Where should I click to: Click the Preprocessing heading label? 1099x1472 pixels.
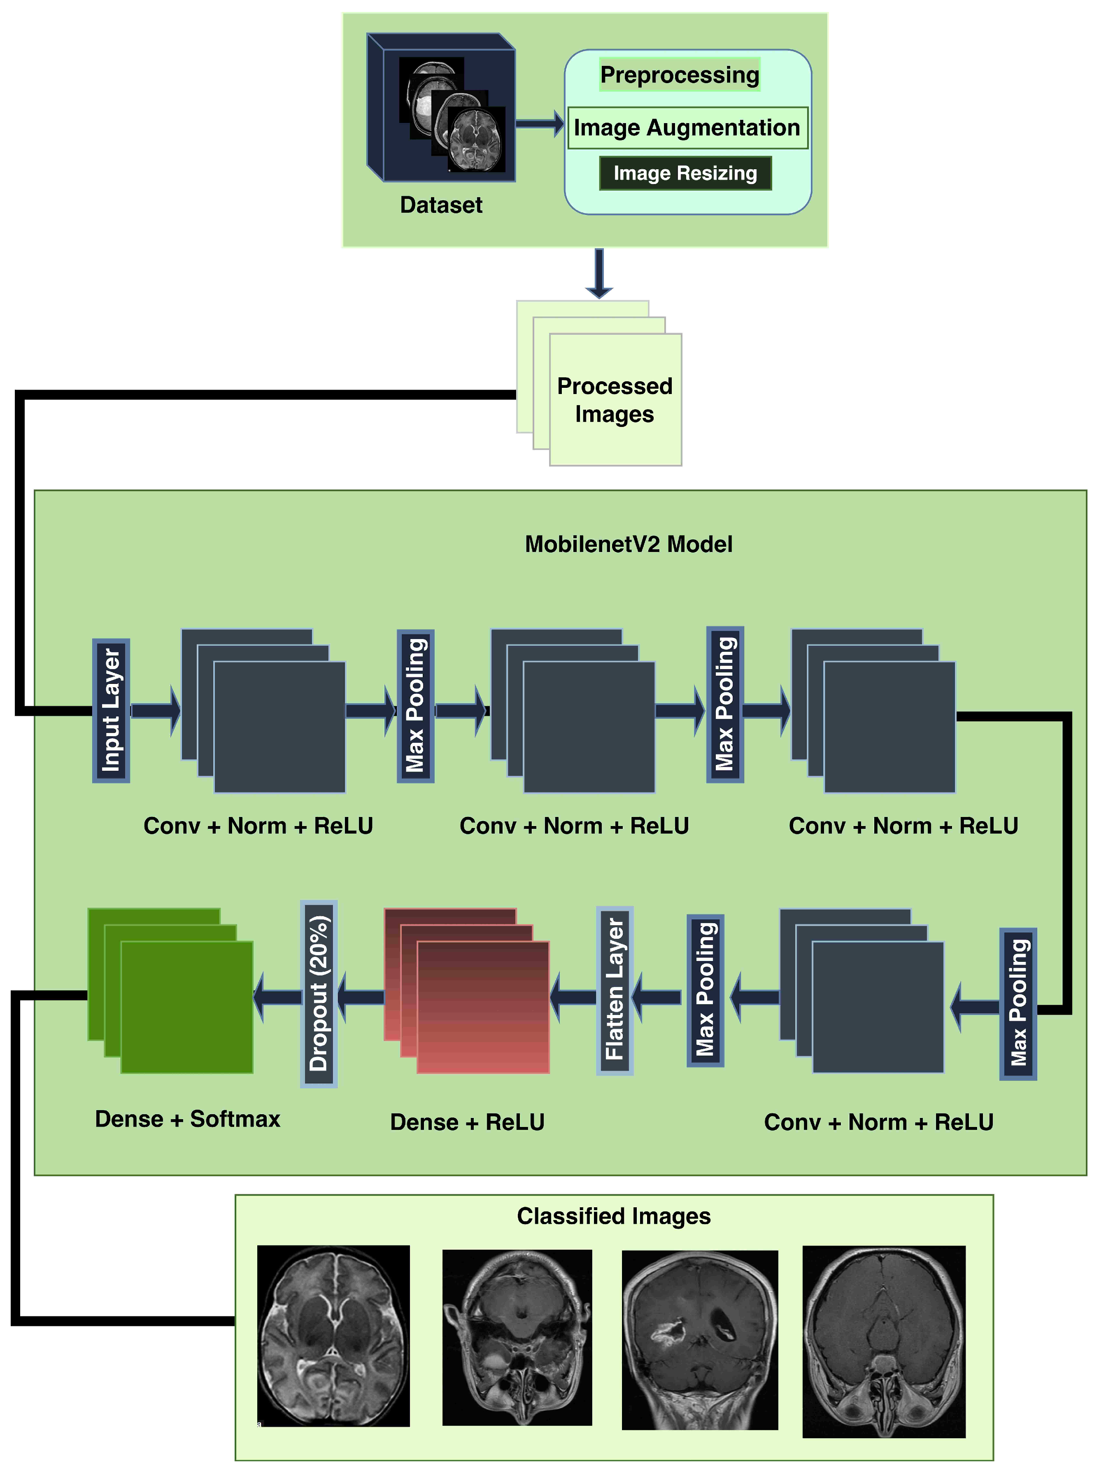pyautogui.click(x=679, y=75)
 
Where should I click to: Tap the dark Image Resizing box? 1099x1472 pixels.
pyautogui.click(x=685, y=173)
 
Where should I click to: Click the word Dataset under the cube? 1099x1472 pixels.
pyautogui.click(x=441, y=205)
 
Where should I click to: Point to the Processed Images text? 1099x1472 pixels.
pyautogui.click(x=615, y=400)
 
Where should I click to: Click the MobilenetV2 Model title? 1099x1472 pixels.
pyautogui.click(x=628, y=544)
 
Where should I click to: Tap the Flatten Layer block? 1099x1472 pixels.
pyautogui.click(x=614, y=990)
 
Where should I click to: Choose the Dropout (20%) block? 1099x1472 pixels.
pyautogui.click(x=319, y=994)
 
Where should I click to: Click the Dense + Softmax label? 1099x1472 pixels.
pyautogui.click(x=188, y=1119)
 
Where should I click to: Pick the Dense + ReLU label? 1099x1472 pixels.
pyautogui.click(x=467, y=1122)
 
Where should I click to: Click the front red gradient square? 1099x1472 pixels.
pyautogui.click(x=483, y=1007)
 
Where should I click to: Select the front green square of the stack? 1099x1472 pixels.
pyautogui.click(x=187, y=1007)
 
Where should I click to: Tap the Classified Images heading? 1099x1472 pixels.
pyautogui.click(x=613, y=1216)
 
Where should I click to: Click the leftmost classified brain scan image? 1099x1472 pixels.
pyautogui.click(x=333, y=1335)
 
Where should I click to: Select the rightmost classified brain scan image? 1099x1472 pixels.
pyautogui.click(x=883, y=1341)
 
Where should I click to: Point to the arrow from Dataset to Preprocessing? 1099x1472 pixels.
pyautogui.click(x=539, y=124)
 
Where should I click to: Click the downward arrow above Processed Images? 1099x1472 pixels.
pyautogui.click(x=599, y=273)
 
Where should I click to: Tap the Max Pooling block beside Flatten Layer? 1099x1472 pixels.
pyautogui.click(x=705, y=990)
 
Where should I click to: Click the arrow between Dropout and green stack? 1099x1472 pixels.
pyautogui.click(x=277, y=997)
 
